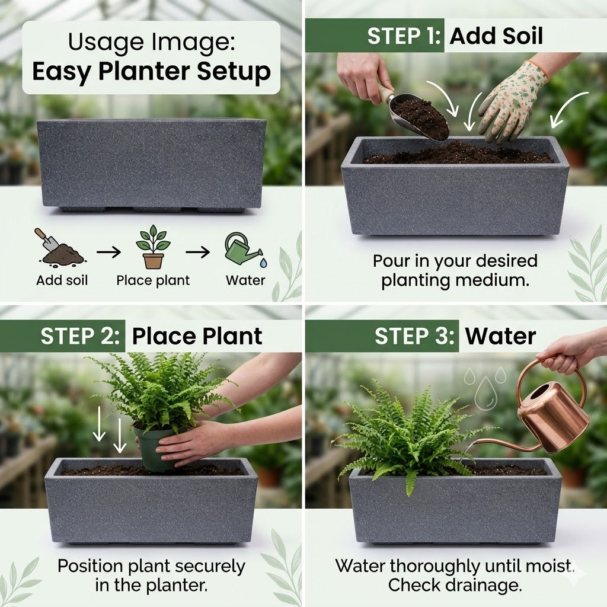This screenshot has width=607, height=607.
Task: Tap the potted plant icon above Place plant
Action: (x=153, y=247)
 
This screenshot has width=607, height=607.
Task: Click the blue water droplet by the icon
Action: (x=264, y=263)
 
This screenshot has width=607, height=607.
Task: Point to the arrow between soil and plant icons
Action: (x=109, y=253)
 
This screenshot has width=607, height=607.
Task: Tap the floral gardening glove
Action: (x=512, y=101)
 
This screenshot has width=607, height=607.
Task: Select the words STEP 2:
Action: (x=80, y=336)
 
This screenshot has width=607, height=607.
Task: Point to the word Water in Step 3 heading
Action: (x=500, y=336)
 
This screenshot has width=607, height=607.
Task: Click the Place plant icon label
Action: (x=154, y=280)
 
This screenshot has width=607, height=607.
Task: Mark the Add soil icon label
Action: (x=62, y=280)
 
